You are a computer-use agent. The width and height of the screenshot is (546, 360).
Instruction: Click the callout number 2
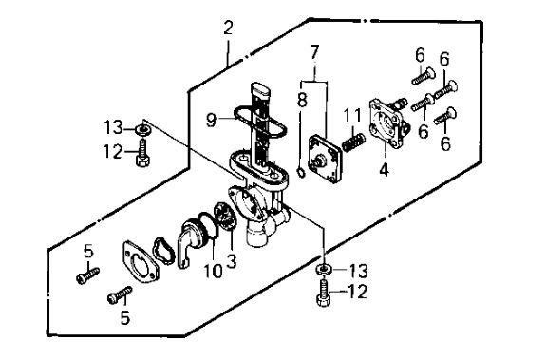[228, 28]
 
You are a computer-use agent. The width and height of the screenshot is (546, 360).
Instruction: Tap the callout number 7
[314, 52]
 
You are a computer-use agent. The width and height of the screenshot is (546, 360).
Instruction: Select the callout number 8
[302, 100]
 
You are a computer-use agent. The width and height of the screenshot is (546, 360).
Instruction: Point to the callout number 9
[212, 121]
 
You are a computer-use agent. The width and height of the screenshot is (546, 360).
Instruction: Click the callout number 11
[353, 116]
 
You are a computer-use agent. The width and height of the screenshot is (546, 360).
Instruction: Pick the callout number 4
[384, 170]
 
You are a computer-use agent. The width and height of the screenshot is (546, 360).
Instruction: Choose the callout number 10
[213, 271]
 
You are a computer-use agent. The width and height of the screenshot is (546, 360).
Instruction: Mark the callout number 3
[231, 261]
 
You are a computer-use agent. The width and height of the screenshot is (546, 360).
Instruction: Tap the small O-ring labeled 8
[301, 172]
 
